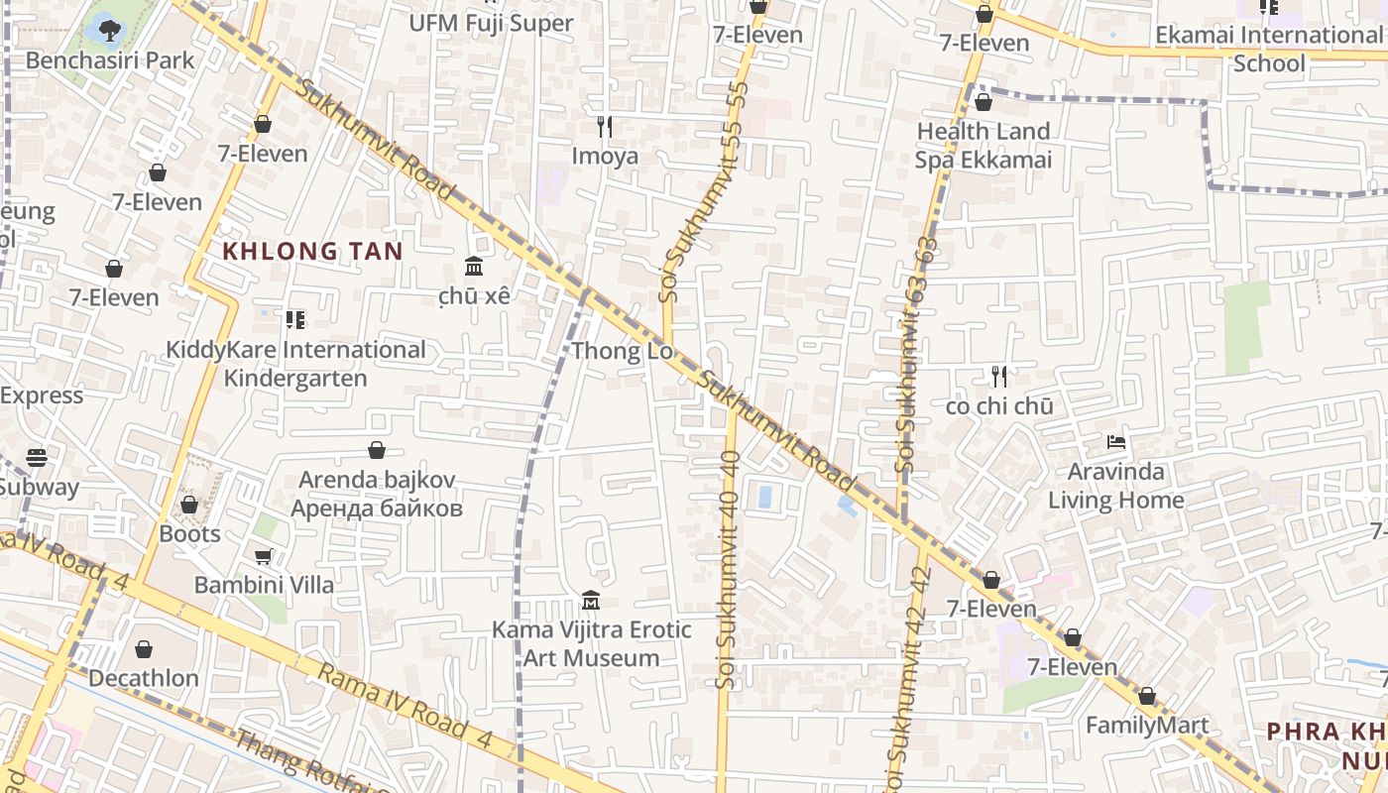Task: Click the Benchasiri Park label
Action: tap(110, 60)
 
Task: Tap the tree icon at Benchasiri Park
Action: tap(110, 30)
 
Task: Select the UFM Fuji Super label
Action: tap(491, 22)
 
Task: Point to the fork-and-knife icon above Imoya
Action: tap(605, 127)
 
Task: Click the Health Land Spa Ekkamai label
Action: tap(983, 146)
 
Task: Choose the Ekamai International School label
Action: tap(1268, 49)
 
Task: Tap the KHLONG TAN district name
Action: tap(312, 251)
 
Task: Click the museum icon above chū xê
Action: tap(474, 267)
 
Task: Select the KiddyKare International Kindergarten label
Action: tap(295, 364)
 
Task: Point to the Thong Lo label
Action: tap(622, 351)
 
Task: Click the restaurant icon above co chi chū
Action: tap(999, 377)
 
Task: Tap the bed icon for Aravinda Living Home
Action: tap(1116, 441)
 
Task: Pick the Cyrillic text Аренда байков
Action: tap(377, 510)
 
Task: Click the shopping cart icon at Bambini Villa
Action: tap(263, 556)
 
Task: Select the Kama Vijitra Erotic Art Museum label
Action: tap(592, 643)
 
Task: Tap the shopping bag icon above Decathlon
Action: tap(144, 649)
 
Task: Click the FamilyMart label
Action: tap(1147, 726)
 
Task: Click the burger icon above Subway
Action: tap(37, 457)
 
